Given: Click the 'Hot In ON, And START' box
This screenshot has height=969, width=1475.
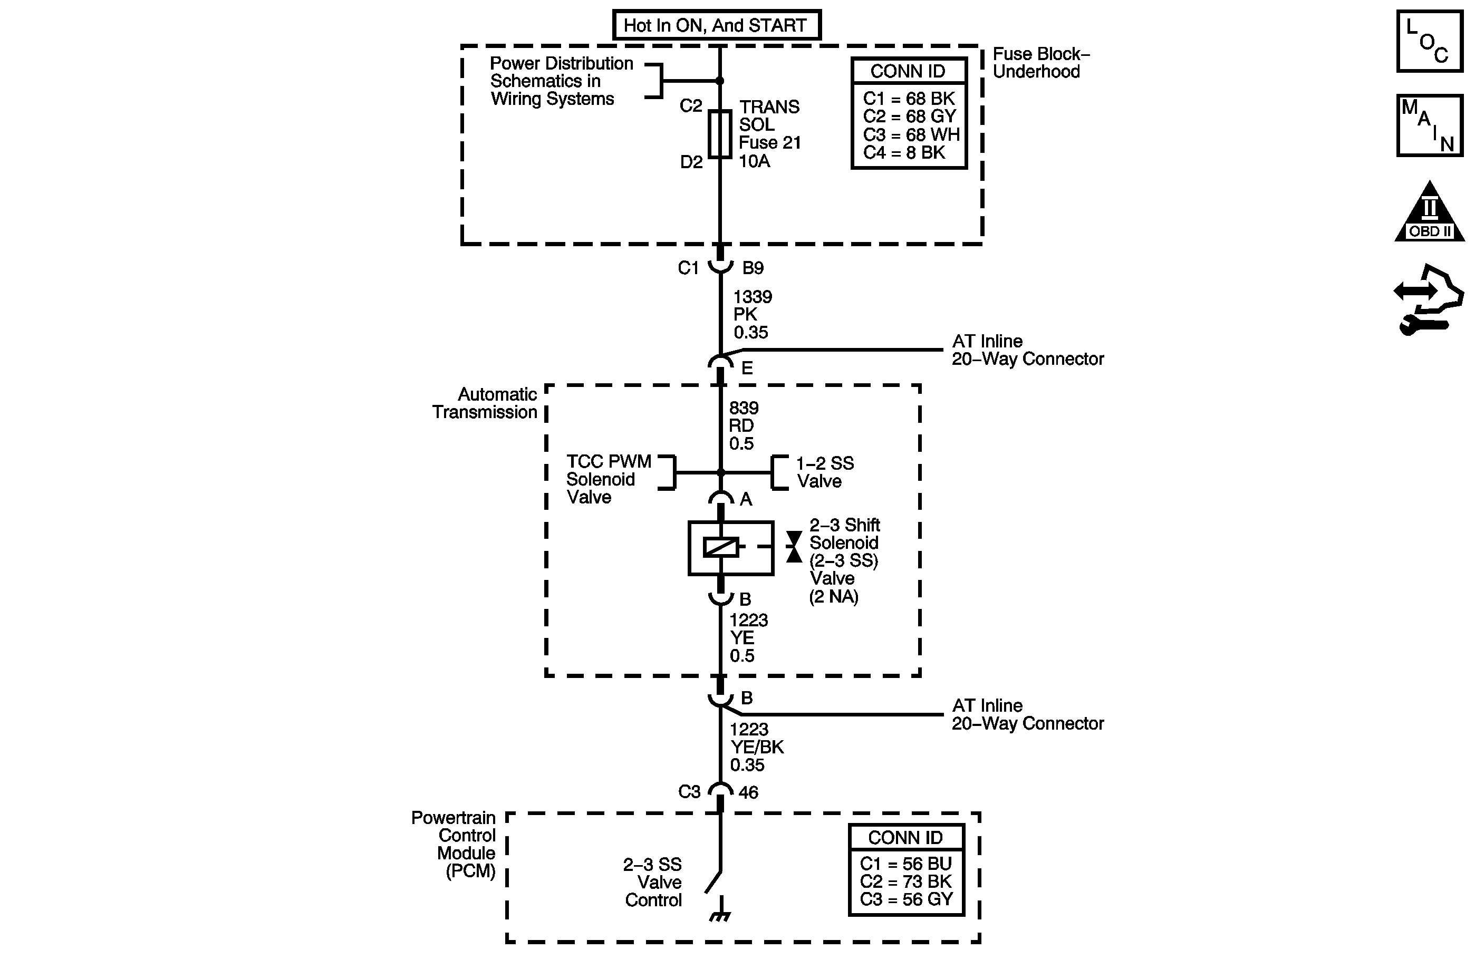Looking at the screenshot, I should pos(717,25).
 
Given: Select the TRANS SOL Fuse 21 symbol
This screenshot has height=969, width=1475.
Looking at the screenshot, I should pos(719,134).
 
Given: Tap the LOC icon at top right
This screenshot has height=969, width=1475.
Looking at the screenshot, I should pos(1429,42).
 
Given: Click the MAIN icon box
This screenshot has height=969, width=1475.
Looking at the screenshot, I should pos(1429,125).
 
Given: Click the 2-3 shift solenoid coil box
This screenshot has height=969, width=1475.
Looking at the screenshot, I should pos(731,548).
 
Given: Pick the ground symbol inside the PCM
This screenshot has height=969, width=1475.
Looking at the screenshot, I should pos(719,916).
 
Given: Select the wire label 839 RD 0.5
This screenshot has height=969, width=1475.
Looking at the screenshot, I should pos(743,425).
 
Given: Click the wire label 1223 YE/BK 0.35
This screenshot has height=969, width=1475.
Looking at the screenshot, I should pos(756,747).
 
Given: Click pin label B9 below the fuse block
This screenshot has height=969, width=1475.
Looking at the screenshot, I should pos(753,268).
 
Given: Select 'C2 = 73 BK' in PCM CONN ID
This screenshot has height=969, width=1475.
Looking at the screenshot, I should pos(905,881).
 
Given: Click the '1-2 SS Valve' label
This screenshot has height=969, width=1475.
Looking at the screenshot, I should pos(824,472).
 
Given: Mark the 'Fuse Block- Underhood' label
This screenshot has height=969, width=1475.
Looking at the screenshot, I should pos(1040,63).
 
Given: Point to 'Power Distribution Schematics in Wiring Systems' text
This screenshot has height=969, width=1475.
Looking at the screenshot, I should pos(561,81).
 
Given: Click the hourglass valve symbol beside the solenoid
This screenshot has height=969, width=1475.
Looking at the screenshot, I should pos(794,547).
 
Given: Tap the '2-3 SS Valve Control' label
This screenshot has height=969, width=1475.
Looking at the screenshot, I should pos(652,882).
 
